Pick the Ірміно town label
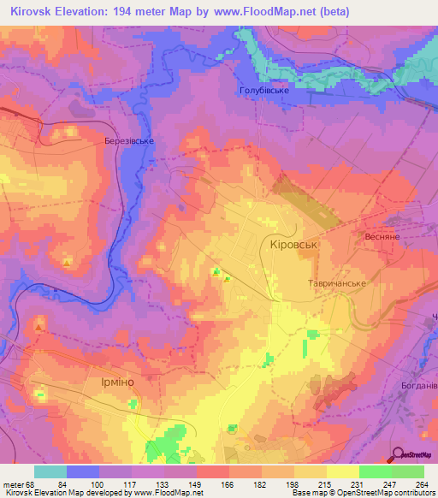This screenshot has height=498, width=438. pos(111,386)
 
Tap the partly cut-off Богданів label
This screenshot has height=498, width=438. pos(419,386)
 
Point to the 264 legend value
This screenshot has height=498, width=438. pos(423,484)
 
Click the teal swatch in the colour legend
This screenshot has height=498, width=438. pos(50,471)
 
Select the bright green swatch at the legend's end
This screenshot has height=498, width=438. pos(408,471)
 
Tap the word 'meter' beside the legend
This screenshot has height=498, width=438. pos(14,484)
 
